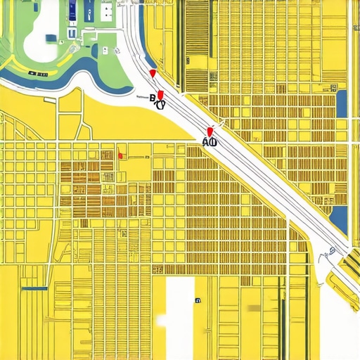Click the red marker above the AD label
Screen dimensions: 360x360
[x=210, y=131]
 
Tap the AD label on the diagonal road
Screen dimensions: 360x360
[x=209, y=141]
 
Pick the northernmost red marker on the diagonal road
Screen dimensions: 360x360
[x=152, y=73]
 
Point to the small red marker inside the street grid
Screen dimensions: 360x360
[x=121, y=155]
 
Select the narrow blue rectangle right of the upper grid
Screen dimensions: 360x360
[x=342, y=103]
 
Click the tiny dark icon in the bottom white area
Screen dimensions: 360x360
[x=198, y=300]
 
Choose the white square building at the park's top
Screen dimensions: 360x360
[x=107, y=11]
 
